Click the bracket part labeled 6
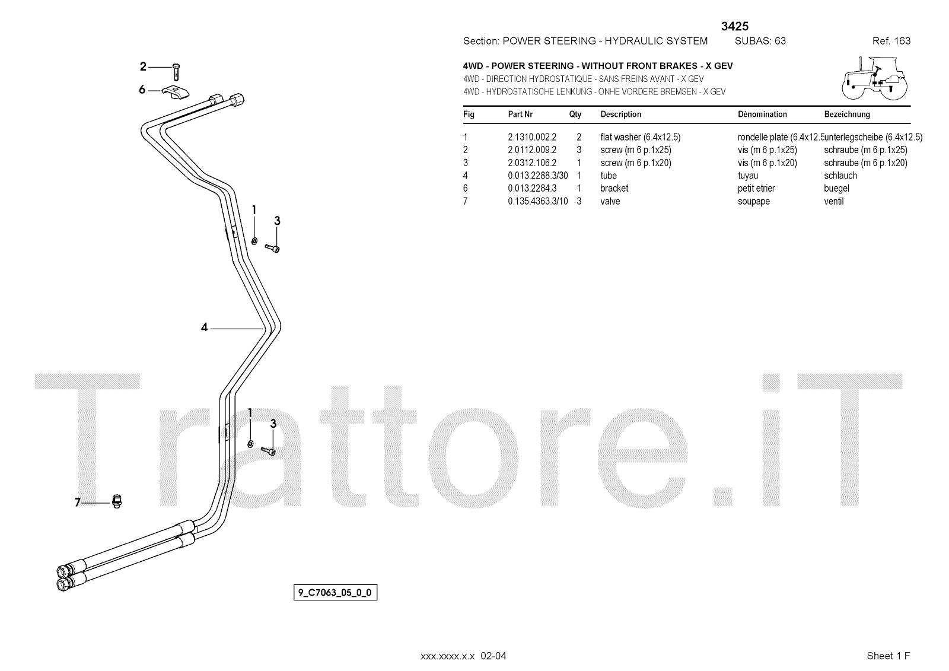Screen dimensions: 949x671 176,93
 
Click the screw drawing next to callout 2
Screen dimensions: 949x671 176,71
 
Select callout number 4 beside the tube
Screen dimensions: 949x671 205,327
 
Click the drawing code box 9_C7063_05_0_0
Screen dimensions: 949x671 335,592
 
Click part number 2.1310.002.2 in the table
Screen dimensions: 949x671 531,137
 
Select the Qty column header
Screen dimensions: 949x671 575,114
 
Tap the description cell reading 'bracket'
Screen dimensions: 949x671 614,188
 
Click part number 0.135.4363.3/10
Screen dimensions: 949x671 537,201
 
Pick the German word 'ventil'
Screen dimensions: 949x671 833,201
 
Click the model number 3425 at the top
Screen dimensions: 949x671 735,26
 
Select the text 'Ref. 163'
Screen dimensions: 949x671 891,41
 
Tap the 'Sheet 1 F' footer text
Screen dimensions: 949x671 888,656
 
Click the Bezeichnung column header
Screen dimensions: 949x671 847,114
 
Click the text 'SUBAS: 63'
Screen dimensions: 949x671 760,41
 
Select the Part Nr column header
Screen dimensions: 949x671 520,114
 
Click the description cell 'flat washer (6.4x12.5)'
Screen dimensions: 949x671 640,137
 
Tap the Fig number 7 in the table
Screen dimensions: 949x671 466,201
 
